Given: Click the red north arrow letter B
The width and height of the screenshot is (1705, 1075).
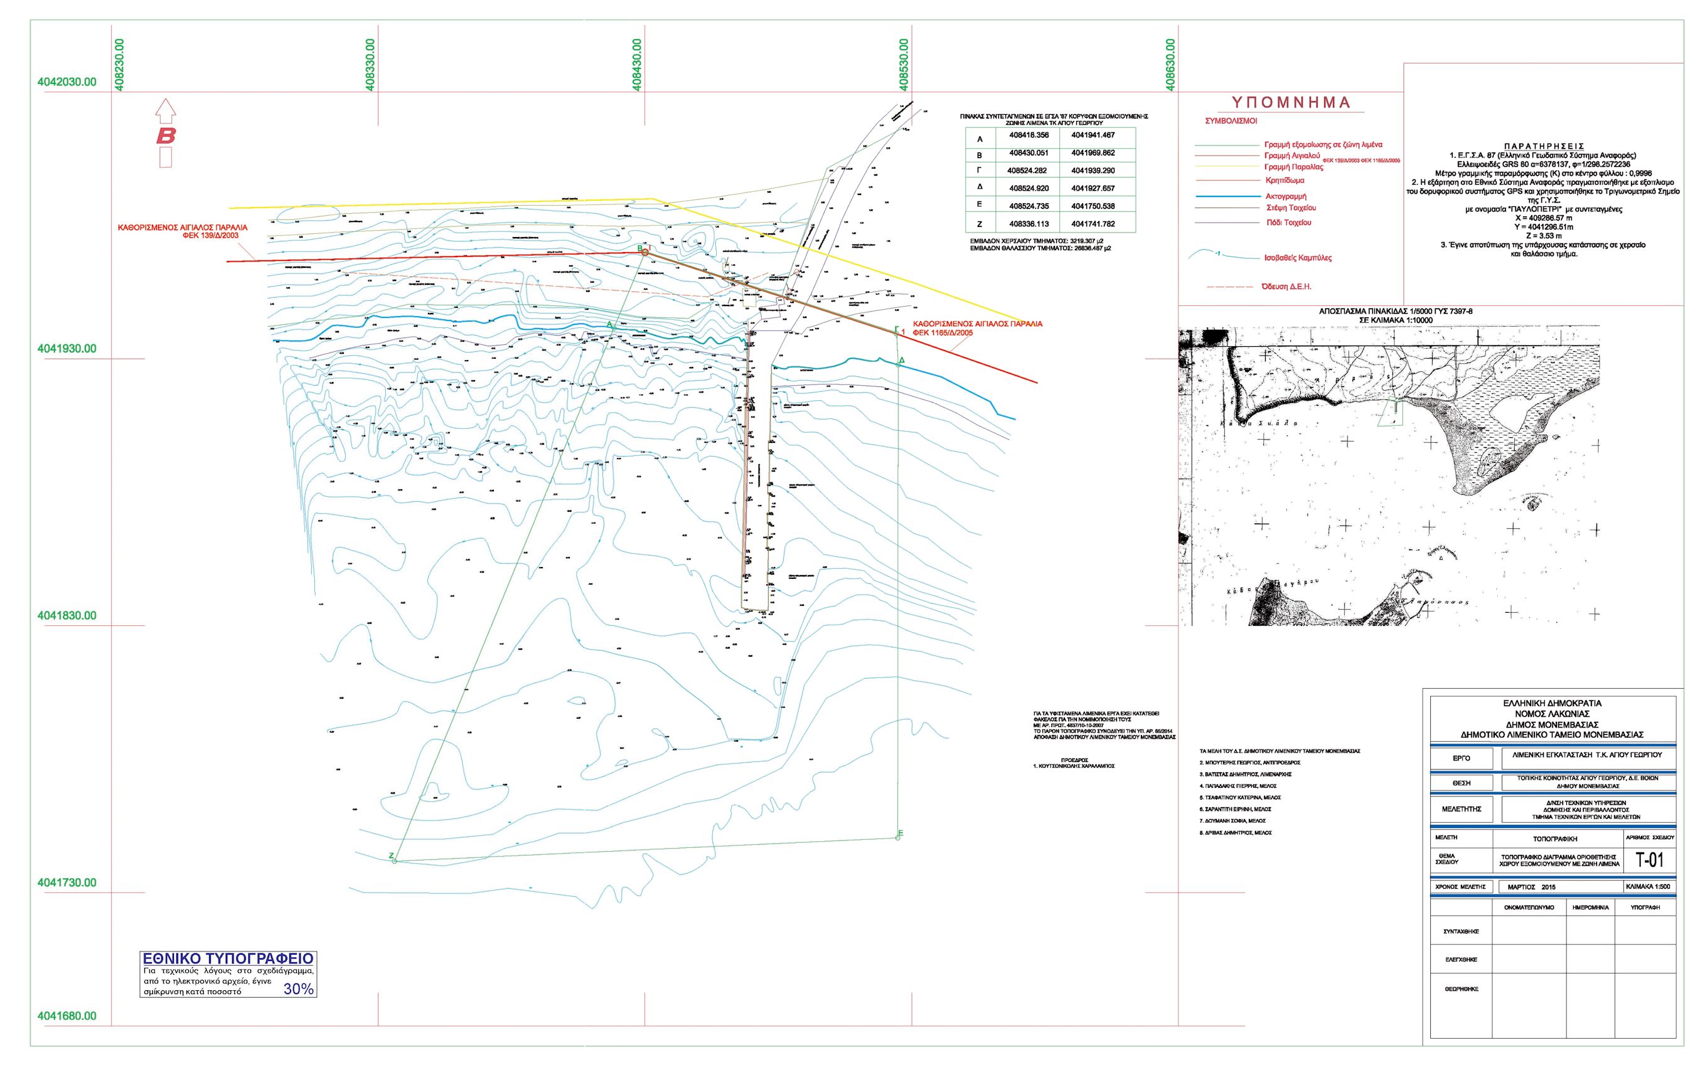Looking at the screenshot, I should [166, 135].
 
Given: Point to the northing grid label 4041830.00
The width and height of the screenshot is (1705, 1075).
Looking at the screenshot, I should [67, 616].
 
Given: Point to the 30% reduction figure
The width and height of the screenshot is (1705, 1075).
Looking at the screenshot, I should [298, 989].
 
